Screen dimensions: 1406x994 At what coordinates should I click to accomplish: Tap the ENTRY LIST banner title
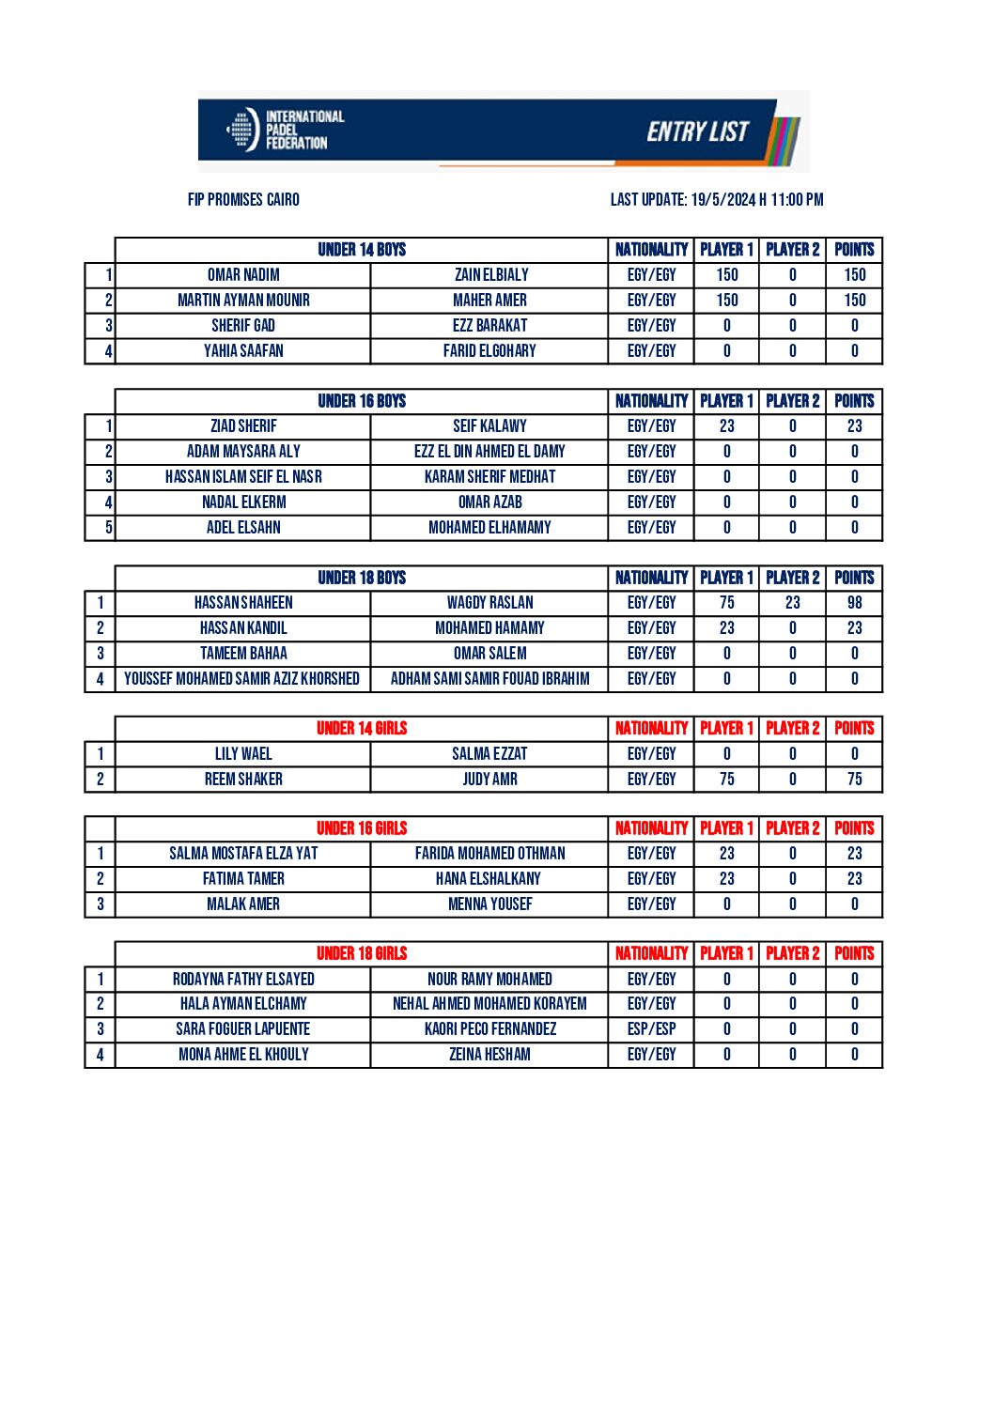coord(697,131)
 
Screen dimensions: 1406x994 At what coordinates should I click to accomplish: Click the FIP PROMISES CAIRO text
coord(243,199)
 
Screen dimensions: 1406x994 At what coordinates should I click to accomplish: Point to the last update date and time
coord(716,199)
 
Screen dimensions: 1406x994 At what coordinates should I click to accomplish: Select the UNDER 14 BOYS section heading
coord(362,250)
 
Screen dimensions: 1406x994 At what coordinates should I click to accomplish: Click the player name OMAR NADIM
coord(243,275)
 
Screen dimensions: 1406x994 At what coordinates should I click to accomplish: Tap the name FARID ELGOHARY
coord(489,351)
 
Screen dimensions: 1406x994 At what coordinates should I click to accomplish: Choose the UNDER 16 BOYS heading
coord(362,401)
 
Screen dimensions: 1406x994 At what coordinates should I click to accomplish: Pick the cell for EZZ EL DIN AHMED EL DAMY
coord(489,452)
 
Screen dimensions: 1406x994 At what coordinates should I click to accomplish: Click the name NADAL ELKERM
coord(243,502)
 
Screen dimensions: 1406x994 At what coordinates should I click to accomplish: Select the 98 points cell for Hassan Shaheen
coord(854,603)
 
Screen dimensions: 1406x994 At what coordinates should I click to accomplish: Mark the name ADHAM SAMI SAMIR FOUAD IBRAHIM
coord(489,679)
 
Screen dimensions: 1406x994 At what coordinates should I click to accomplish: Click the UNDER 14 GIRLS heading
coord(362,729)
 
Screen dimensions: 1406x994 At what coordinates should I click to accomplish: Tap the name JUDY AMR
coord(489,780)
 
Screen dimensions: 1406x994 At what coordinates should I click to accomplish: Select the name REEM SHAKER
coord(243,780)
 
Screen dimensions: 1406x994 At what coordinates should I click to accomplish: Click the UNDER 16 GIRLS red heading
coord(362,828)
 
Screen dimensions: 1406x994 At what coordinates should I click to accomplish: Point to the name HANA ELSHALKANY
coord(489,879)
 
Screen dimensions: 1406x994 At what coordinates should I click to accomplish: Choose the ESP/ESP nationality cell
coord(651,1029)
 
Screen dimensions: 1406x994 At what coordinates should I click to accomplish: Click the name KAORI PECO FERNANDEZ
coord(489,1029)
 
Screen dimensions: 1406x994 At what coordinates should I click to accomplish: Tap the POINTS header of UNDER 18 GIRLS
coord(854,953)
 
